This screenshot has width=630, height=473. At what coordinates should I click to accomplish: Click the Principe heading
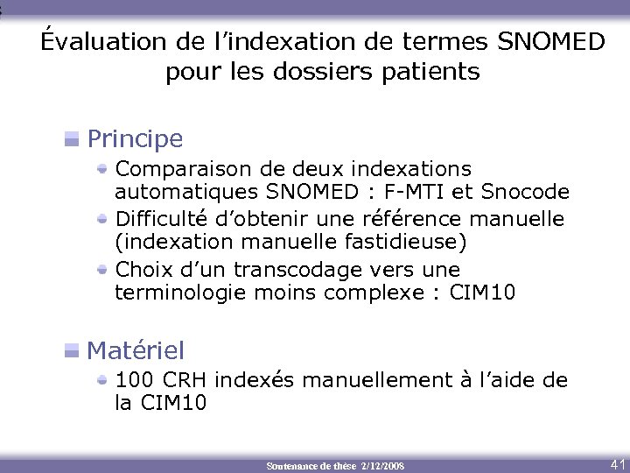point(135,138)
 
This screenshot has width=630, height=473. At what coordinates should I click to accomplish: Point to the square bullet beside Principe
point(73,138)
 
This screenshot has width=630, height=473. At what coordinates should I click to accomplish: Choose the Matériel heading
point(136,351)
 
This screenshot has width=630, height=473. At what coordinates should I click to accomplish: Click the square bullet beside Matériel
point(73,351)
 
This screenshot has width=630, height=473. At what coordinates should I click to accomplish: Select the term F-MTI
point(416,192)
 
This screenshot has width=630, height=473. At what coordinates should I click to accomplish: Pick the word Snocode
point(525,192)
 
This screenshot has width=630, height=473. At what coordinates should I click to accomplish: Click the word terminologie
point(181,293)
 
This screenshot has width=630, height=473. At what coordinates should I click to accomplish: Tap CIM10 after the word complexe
point(482,293)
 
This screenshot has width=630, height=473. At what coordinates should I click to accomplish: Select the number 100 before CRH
point(132,380)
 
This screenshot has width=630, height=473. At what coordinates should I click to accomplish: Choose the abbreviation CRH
point(183,380)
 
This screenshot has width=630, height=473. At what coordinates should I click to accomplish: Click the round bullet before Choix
point(103,268)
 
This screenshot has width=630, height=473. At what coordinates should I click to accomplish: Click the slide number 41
point(616,463)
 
